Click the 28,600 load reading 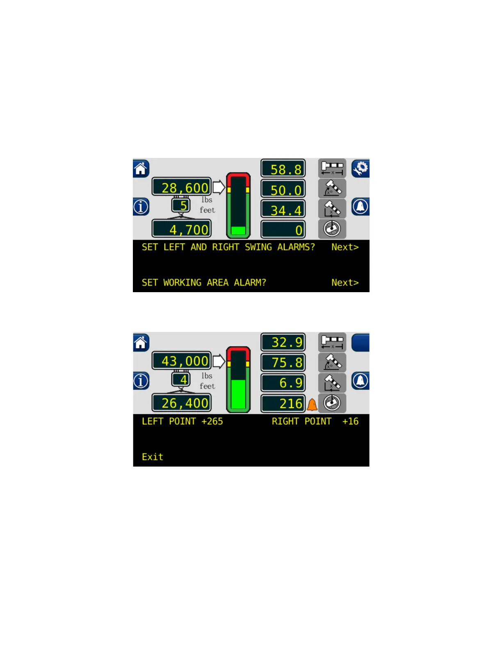182,187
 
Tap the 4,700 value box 182,229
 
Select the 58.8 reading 283,169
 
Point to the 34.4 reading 283,210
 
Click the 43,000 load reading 182,361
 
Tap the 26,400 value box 182,403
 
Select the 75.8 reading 283,362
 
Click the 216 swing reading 283,403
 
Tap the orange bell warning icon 312,405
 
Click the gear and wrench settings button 361,168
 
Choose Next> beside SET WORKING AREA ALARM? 345,282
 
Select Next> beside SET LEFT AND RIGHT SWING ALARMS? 345,247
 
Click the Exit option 152,457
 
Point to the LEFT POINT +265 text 182,421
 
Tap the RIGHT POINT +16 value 315,421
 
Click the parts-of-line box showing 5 181,205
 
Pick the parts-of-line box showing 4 181,379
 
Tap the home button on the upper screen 141,169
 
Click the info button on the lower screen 141,381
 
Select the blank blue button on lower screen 361,342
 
